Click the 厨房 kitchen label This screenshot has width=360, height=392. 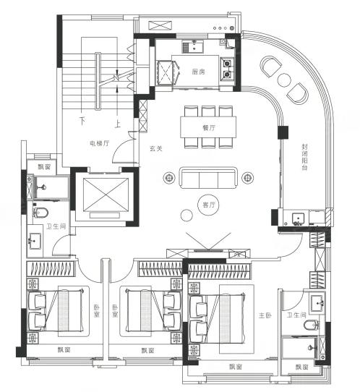coord(198,72)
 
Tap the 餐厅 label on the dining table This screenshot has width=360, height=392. coord(209,128)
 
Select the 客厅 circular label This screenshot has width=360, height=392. coord(209,205)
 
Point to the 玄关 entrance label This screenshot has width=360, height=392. coord(156,148)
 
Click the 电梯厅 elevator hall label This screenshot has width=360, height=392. coord(100,143)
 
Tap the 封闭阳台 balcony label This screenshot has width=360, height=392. coord(304,157)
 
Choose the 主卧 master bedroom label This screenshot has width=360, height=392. coord(265,315)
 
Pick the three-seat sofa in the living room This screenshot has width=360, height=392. coord(208,178)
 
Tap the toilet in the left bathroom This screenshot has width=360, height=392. coord(40,213)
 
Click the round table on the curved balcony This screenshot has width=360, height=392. coord(284,80)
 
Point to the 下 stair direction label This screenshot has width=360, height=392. coord(82,121)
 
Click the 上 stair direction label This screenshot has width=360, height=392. coord(117,124)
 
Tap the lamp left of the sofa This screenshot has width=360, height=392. coord(169,178)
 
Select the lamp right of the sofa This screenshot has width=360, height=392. coord(247,178)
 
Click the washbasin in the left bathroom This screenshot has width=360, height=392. coord(35,241)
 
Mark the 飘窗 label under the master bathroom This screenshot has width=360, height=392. coord(301,367)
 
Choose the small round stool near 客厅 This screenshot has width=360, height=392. coord(187,215)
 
